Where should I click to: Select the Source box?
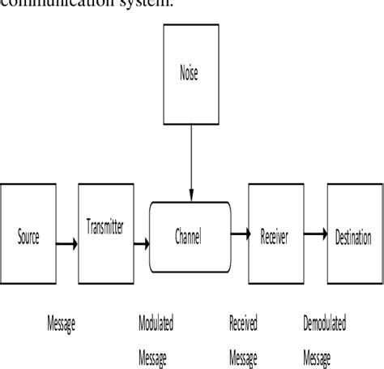point(28,239)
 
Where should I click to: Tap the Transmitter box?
point(105,230)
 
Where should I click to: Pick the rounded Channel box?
point(187,238)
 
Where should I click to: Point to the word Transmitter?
point(105,230)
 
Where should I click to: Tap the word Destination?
point(354,238)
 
